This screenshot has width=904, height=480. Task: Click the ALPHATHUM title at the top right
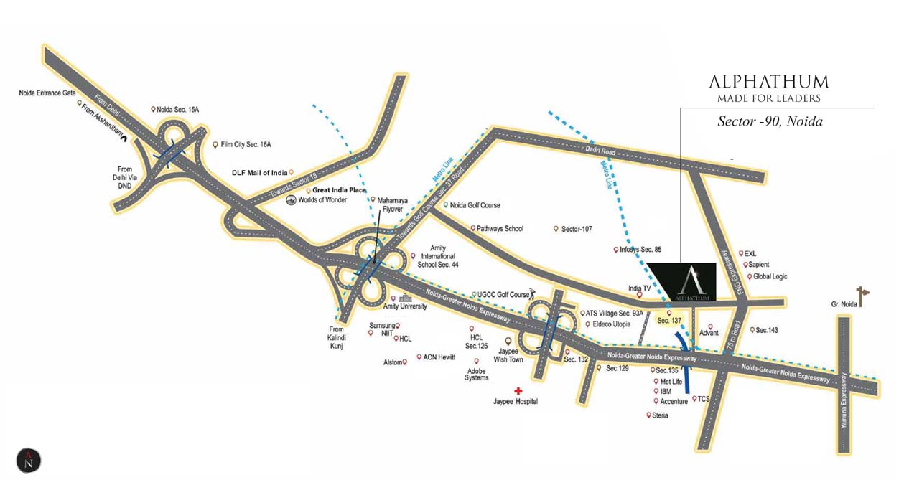click(769, 82)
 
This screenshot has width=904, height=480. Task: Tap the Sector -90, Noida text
click(770, 121)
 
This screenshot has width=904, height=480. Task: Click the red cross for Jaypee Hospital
click(518, 390)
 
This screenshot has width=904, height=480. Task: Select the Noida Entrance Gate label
click(47, 93)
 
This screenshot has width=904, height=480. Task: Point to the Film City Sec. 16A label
click(246, 144)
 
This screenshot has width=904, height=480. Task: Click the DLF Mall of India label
click(259, 173)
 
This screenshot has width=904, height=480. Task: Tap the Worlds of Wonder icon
click(291, 200)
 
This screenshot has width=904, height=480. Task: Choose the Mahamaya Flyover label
click(392, 204)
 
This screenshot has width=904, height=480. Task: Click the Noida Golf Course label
click(475, 205)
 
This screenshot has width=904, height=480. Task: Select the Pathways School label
click(500, 229)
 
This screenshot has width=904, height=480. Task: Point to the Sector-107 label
click(577, 229)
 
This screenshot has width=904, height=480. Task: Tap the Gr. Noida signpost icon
click(862, 296)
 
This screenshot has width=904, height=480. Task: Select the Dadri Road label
click(600, 151)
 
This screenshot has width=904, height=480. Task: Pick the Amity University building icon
click(406, 298)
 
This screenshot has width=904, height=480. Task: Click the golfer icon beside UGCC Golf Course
click(533, 294)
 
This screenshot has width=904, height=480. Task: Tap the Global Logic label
click(770, 277)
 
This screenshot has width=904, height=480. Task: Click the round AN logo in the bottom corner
click(29, 460)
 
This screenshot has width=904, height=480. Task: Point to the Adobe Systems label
click(477, 375)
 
